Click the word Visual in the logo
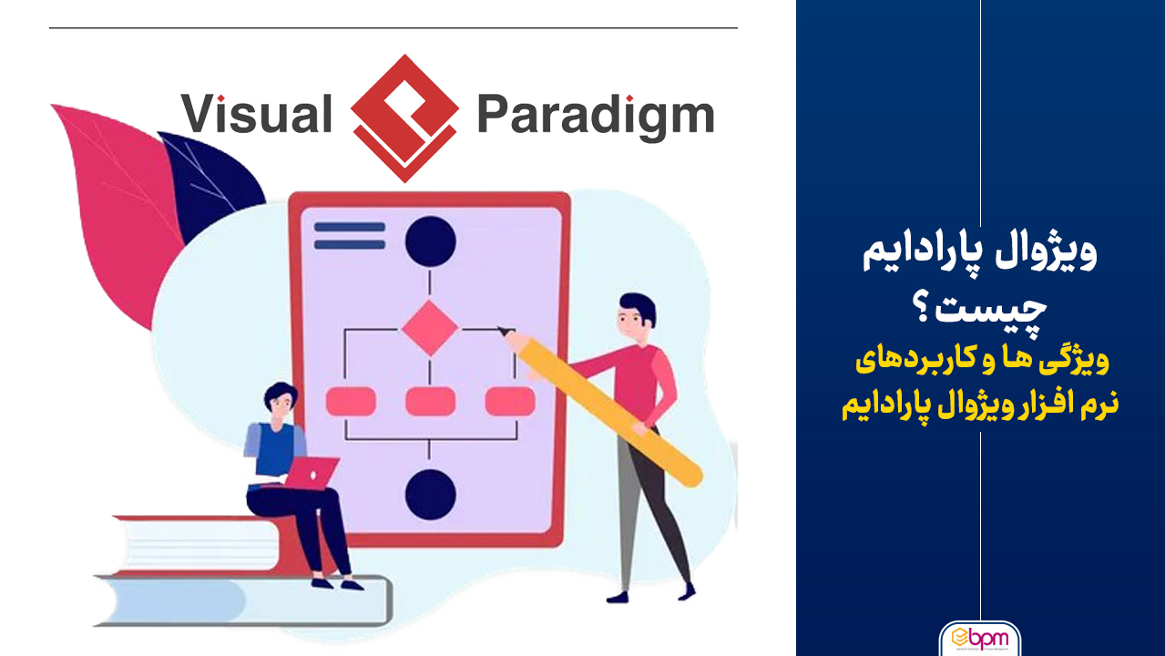pyautogui.click(x=256, y=113)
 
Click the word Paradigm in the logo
pyautogui.click(x=596, y=116)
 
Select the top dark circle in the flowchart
pyautogui.click(x=430, y=242)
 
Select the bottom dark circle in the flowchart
pyautogui.click(x=430, y=494)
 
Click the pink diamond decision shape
pyautogui.click(x=430, y=328)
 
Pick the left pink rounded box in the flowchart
pyautogui.click(x=351, y=401)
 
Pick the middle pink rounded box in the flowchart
pyautogui.click(x=430, y=401)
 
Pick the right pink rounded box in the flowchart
pyautogui.click(x=510, y=401)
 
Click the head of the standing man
pyautogui.click(x=637, y=318)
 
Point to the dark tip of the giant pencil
pyautogui.click(x=503, y=331)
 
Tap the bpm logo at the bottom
pyautogui.click(x=980, y=639)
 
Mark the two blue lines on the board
pyautogui.click(x=350, y=236)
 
